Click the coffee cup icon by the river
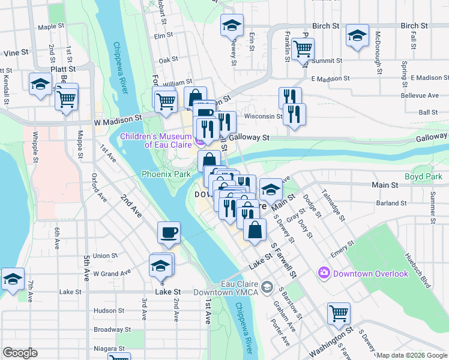pyautogui.click(x=169, y=232)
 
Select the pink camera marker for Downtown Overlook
pyautogui.click(x=325, y=274)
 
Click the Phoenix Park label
pyautogui.click(x=166, y=174)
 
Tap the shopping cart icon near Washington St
pyautogui.click(x=339, y=313)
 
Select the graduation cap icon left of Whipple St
pyautogui.click(x=40, y=83)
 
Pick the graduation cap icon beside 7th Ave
pyautogui.click(x=12, y=279)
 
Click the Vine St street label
pyautogui.click(x=16, y=53)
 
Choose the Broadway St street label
pyautogui.click(x=112, y=329)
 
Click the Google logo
pyautogui.click(x=20, y=353)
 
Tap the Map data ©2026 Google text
pyautogui.click(x=412, y=355)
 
